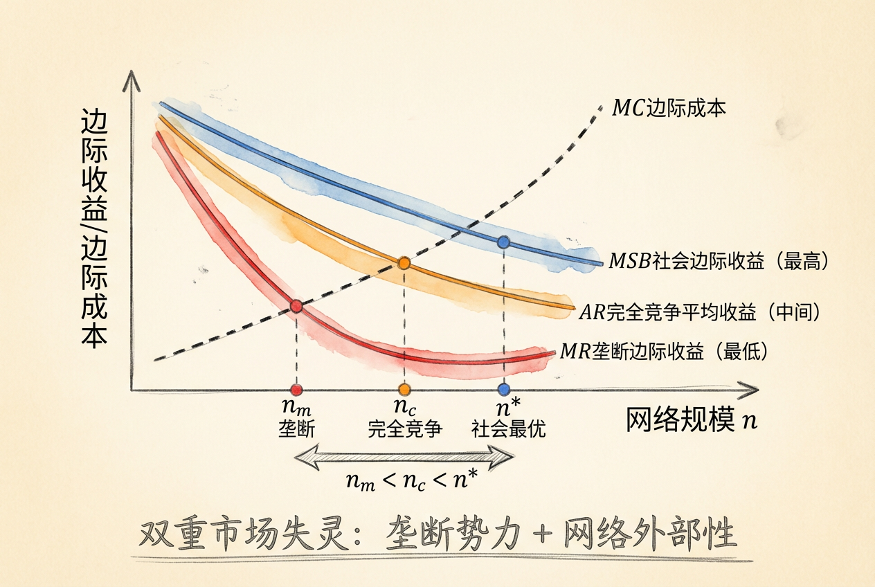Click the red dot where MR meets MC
click(296, 306)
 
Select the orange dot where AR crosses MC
click(404, 263)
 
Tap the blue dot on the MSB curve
click(504, 242)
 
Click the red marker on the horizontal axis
click(296, 390)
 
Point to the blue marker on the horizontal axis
click(504, 390)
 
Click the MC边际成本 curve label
click(669, 109)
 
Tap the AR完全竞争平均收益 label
click(699, 312)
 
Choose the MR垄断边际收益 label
click(664, 352)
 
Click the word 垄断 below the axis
click(296, 429)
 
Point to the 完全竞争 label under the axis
click(405, 429)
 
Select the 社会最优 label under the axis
click(508, 429)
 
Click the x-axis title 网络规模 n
click(691, 420)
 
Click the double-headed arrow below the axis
click(404, 456)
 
